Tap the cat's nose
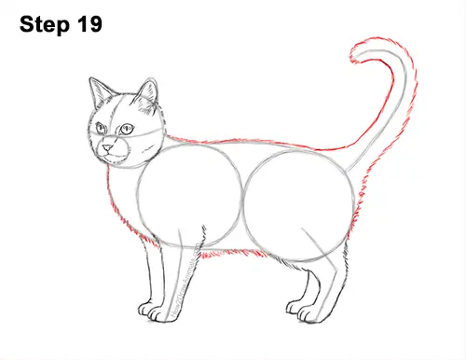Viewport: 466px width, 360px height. pyautogui.click(x=110, y=146)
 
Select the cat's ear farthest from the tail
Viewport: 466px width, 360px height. pyautogui.click(x=99, y=92)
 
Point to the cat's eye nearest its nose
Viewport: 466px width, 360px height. pyautogui.click(x=102, y=128)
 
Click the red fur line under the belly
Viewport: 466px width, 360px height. pyautogui.click(x=228, y=252)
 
